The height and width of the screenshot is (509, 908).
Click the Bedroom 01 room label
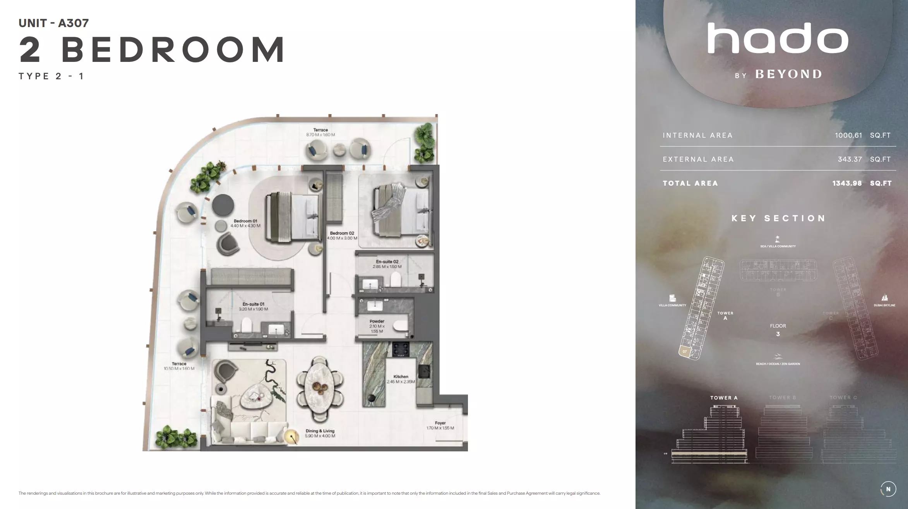245,221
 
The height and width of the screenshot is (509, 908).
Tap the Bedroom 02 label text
342,233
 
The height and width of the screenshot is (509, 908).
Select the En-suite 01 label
254,304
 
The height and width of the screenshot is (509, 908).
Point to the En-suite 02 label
387,262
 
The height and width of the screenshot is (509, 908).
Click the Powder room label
377,321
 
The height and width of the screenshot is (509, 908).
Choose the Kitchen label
401,377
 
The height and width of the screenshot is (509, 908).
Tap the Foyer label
440,423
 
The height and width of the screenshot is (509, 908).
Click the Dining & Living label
320,431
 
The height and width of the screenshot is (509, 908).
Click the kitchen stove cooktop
401,349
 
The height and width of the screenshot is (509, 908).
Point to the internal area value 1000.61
848,135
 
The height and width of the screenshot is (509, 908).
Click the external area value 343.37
850,159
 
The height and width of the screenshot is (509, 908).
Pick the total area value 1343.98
847,183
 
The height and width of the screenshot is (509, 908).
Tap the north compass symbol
888,489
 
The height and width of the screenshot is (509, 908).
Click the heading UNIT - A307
54,23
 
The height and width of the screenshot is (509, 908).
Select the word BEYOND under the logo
788,74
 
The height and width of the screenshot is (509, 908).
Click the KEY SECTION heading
778,219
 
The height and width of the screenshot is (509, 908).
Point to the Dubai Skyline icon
884,298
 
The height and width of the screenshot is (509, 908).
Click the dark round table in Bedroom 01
223,205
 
